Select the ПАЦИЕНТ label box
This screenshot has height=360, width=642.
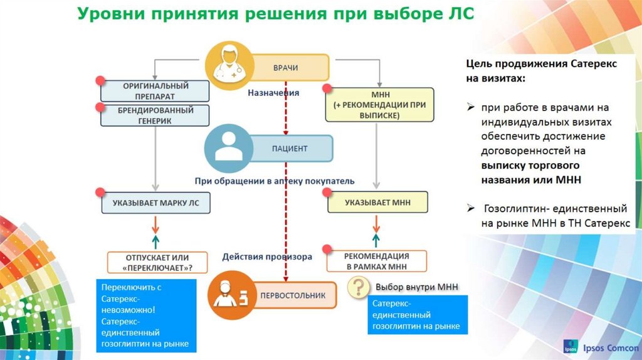point(290,149)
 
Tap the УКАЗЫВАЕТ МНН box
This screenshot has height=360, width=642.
point(377,203)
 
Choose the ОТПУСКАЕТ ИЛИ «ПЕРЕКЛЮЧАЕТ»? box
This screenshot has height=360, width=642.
point(157,262)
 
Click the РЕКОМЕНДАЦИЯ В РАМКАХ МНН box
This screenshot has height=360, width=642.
point(376,261)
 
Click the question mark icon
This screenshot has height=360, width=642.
point(358,287)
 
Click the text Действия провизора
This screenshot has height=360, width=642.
point(266,257)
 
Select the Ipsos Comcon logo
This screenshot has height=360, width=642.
point(598,348)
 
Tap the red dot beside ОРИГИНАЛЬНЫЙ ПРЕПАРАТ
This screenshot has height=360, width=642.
point(99,81)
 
